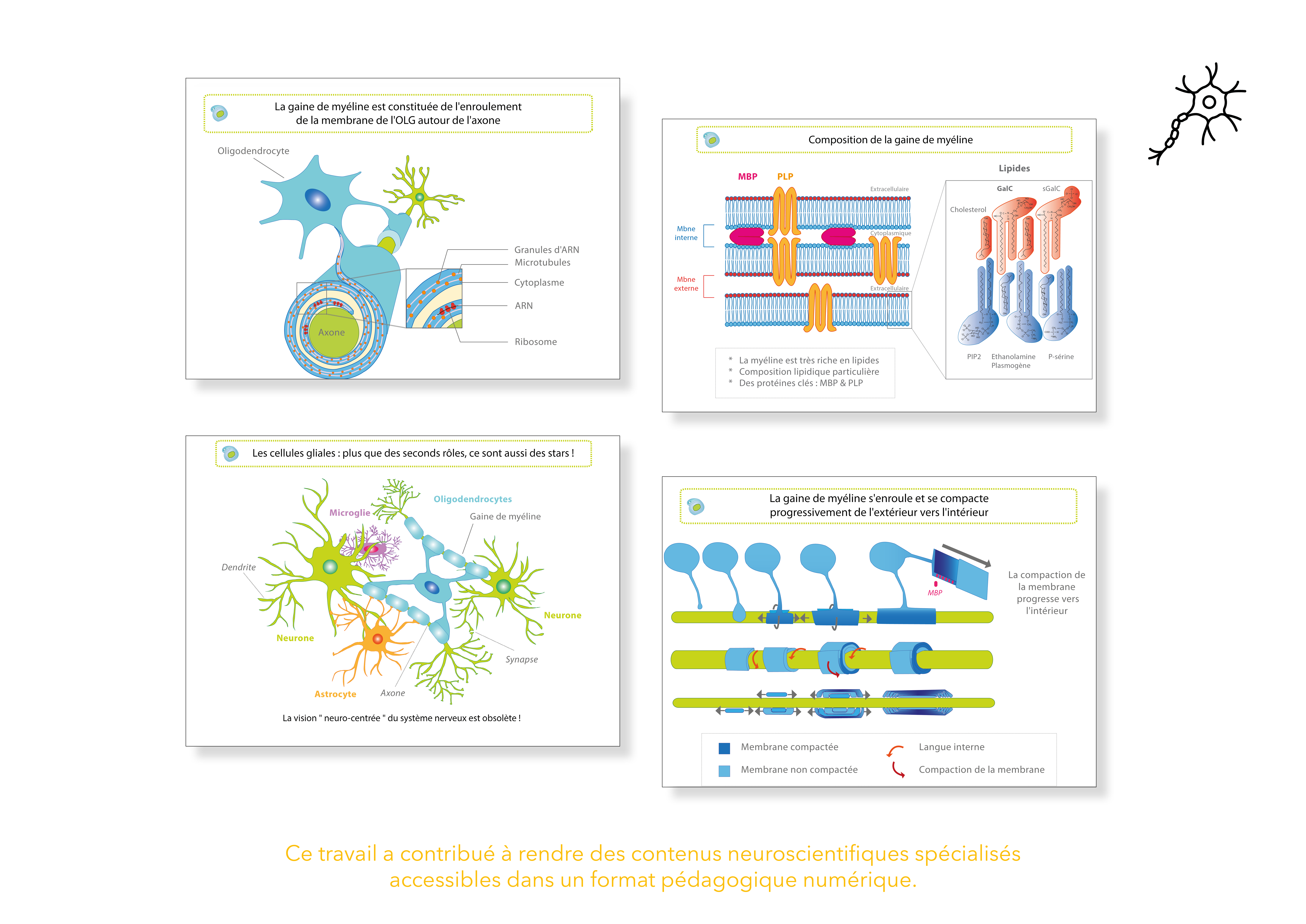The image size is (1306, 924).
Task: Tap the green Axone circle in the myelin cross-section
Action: coord(333,333)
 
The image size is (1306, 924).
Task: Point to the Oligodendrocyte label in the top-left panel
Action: coord(253,151)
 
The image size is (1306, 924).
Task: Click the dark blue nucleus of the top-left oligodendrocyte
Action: coord(317,200)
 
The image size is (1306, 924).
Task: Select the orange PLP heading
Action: coord(785,177)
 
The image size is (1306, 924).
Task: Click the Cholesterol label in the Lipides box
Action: coord(968,210)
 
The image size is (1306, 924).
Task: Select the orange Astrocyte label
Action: coord(335,694)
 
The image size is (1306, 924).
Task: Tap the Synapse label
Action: coord(521,659)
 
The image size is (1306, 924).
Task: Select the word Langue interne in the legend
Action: coord(951,747)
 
